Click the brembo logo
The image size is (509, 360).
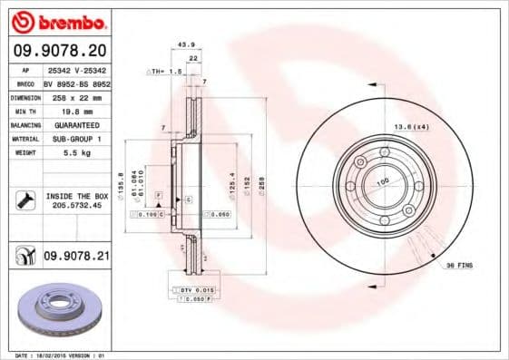click(59, 20)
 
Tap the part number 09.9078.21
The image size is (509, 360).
click(76, 258)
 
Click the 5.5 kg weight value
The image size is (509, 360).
click(74, 154)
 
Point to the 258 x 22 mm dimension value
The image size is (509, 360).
click(74, 95)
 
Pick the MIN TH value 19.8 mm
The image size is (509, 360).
click(74, 110)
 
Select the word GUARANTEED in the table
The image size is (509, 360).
click(76, 124)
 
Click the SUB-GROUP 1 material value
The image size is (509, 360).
click(76, 139)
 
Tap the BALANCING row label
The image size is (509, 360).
click(24, 124)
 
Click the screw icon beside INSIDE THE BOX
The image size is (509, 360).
click(24, 200)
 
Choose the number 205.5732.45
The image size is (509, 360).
click(76, 205)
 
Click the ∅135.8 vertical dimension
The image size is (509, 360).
click(122, 180)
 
